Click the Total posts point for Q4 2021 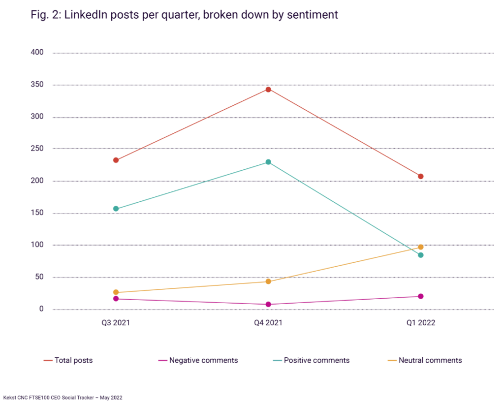click(x=268, y=90)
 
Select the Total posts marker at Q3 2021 click(x=116, y=160)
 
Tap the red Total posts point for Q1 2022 click(x=421, y=177)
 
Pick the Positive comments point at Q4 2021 click(x=268, y=162)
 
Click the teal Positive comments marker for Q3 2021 click(x=116, y=209)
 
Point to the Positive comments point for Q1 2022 click(x=421, y=255)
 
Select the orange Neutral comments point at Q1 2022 click(x=421, y=247)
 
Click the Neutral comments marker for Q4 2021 click(x=268, y=281)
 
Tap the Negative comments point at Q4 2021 click(x=268, y=305)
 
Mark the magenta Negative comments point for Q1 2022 click(x=421, y=296)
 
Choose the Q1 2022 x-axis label click(x=420, y=323)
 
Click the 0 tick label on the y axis click(x=41, y=309)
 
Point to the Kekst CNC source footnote click(x=63, y=397)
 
